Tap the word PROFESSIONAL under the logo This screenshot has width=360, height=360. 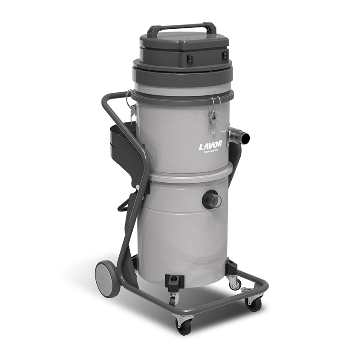[x=211, y=151]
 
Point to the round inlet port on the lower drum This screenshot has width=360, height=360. [x=211, y=200]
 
